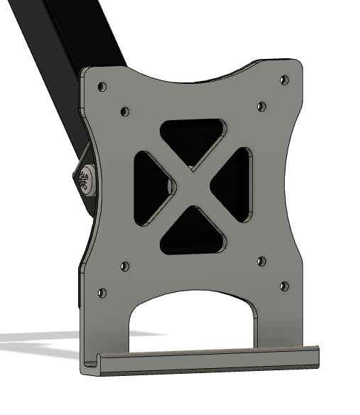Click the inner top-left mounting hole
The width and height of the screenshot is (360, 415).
click(125, 112)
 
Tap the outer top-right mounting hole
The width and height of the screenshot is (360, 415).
click(285, 80)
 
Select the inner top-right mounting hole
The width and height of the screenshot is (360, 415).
click(261, 107)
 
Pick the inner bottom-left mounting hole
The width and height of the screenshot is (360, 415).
click(125, 266)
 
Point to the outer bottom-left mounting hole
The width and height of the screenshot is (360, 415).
click(102, 292)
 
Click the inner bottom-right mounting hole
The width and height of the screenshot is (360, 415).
click(261, 262)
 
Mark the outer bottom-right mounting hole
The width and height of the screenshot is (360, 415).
click(285, 286)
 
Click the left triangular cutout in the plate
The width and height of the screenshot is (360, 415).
click(149, 186)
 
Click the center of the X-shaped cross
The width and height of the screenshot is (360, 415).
click(192, 185)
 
